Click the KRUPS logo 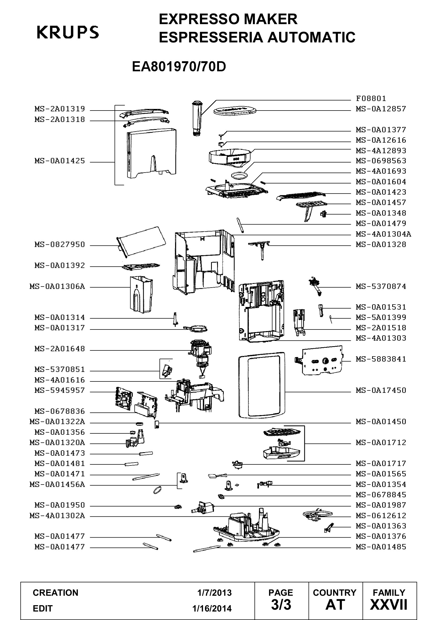[x=68, y=32]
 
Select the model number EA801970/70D [x=179, y=67]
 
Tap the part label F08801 [x=371, y=98]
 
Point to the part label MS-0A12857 [x=381, y=109]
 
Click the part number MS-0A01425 [x=60, y=161]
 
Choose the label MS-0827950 [x=60, y=245]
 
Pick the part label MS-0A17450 [x=381, y=390]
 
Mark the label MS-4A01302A [x=57, y=516]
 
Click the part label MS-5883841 [x=381, y=359]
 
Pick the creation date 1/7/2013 [x=214, y=592]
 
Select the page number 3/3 [x=281, y=605]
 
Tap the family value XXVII [x=389, y=605]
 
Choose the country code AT [x=335, y=605]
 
